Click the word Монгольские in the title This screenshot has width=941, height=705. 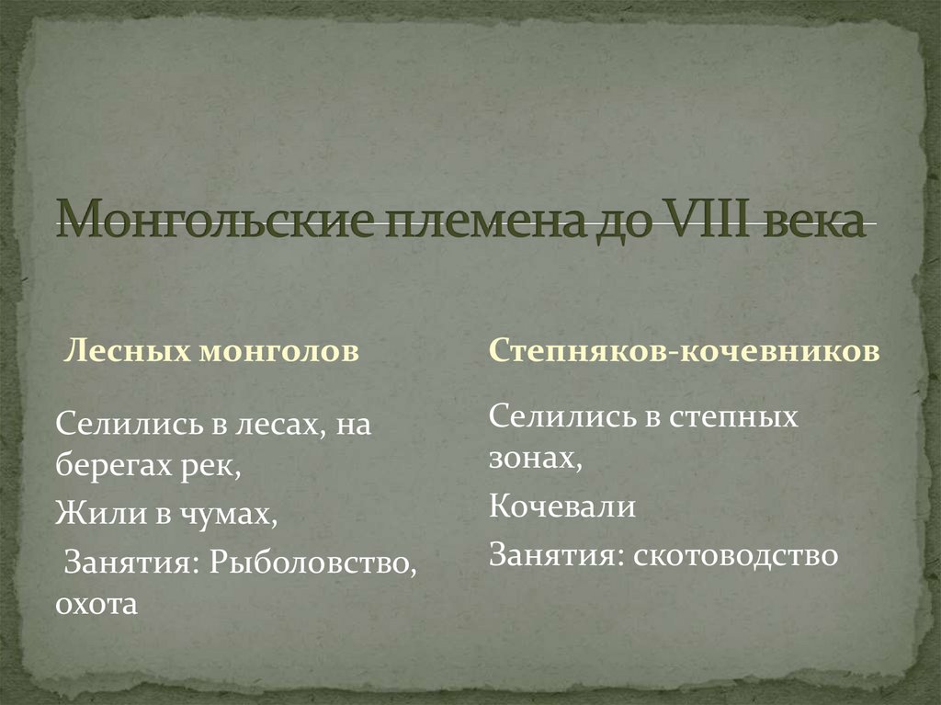210,224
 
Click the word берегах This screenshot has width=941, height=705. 114,466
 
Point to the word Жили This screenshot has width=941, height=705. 88,513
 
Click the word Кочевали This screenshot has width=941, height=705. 561,506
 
